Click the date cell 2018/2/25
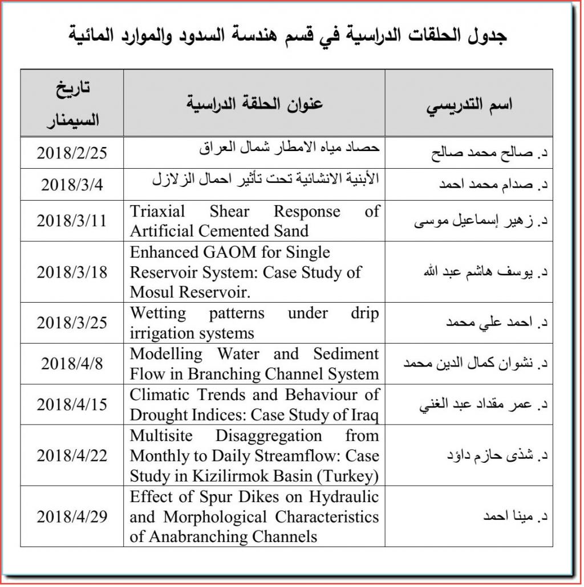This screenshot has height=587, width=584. point(72,153)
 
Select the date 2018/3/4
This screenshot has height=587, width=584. point(72,185)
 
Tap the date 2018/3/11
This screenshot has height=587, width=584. point(72,221)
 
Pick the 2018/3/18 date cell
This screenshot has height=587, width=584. point(72,272)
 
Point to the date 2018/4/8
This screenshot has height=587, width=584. point(72,364)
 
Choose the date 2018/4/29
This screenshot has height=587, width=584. point(72,517)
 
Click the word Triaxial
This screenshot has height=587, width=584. point(157,211)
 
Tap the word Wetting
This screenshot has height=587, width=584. point(158,313)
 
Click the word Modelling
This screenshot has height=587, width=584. point(166,354)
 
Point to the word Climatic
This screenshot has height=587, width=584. point(160,394)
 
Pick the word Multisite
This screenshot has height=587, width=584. point(162,435)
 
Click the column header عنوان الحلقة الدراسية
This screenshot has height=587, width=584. point(254,104)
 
